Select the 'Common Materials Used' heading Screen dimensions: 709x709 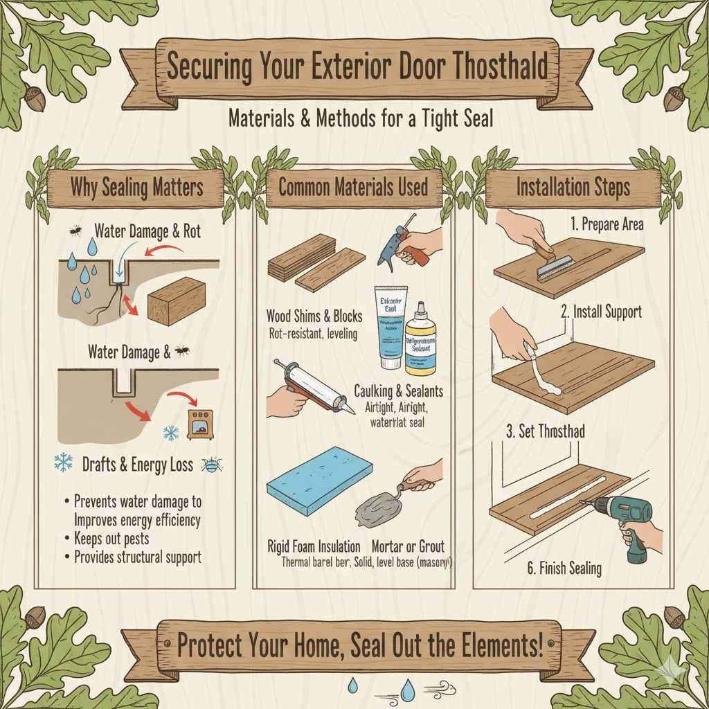coord(353,187)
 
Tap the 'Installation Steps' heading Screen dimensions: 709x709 coord(573,187)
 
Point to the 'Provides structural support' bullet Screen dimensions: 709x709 coord(136,557)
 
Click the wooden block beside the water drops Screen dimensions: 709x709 coord(177,300)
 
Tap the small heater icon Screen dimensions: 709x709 coord(201,423)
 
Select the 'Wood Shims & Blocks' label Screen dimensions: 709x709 coord(314,316)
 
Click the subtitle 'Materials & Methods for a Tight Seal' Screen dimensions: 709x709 coord(361,119)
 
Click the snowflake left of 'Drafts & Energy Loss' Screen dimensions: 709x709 coord(63,465)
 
